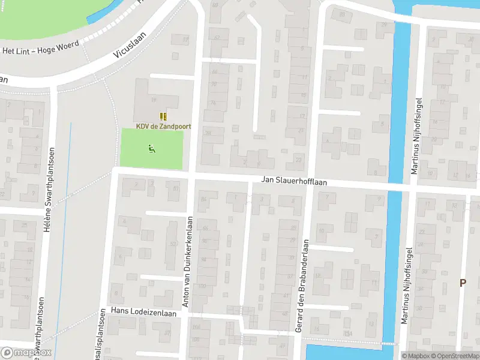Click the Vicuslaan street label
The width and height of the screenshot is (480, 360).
click(130, 44)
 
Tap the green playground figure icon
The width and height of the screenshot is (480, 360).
click(152, 149)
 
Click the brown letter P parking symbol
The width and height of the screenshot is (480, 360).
click(463, 283)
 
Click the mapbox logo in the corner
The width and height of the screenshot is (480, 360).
click(26, 353)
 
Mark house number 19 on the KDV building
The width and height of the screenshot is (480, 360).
click(154, 100)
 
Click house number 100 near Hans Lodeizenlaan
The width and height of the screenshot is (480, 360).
click(202, 286)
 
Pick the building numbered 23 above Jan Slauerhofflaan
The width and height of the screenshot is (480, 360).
click(298, 160)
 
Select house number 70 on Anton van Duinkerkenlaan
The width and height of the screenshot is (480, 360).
click(213, 84)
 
